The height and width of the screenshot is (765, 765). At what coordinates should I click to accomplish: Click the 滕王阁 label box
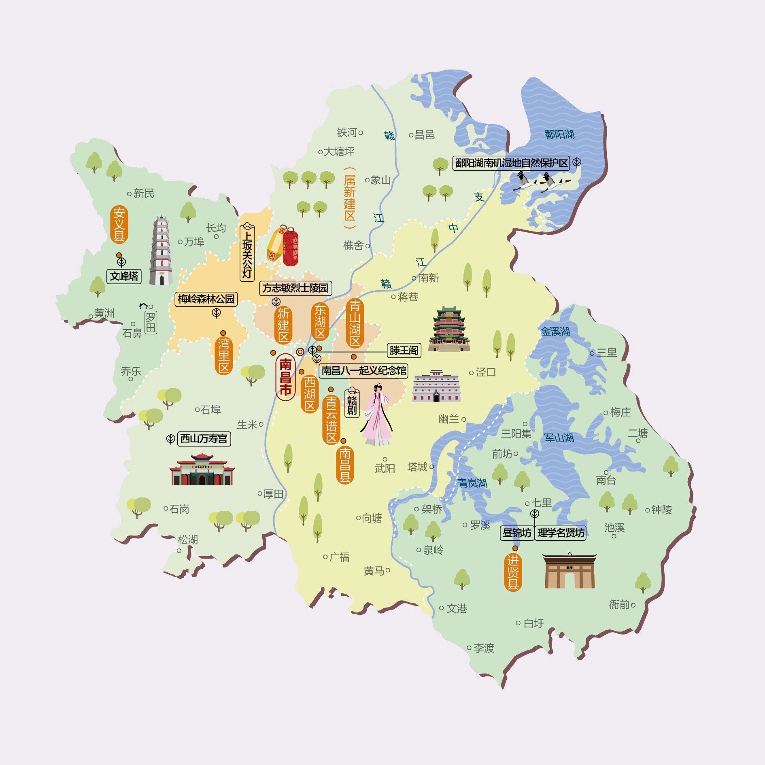(x=404, y=350)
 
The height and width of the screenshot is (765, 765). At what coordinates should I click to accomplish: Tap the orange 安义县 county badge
(x=119, y=224)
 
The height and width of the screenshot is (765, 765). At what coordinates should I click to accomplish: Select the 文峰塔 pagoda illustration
(x=161, y=251)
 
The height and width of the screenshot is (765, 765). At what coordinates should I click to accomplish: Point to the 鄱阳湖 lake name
(x=559, y=134)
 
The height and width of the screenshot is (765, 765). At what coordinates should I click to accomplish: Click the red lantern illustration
(x=290, y=247)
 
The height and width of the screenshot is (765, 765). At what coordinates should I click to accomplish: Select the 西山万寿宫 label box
(x=204, y=439)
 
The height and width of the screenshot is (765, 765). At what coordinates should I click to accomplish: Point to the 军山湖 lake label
(x=559, y=438)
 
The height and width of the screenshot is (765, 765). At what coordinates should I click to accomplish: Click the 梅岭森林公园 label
(x=206, y=299)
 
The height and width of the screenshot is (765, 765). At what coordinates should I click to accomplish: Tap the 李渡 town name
(x=484, y=648)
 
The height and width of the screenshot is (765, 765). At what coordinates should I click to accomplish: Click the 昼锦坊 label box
(x=517, y=533)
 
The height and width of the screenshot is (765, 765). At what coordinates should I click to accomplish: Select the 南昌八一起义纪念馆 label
(x=363, y=371)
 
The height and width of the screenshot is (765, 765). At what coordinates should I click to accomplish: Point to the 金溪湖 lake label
(x=556, y=332)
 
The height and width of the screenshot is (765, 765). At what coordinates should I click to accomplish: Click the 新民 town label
(x=144, y=193)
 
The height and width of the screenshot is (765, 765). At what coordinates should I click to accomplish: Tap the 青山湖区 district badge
(x=355, y=323)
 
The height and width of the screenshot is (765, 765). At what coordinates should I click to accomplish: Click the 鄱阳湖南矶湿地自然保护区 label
(x=511, y=163)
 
